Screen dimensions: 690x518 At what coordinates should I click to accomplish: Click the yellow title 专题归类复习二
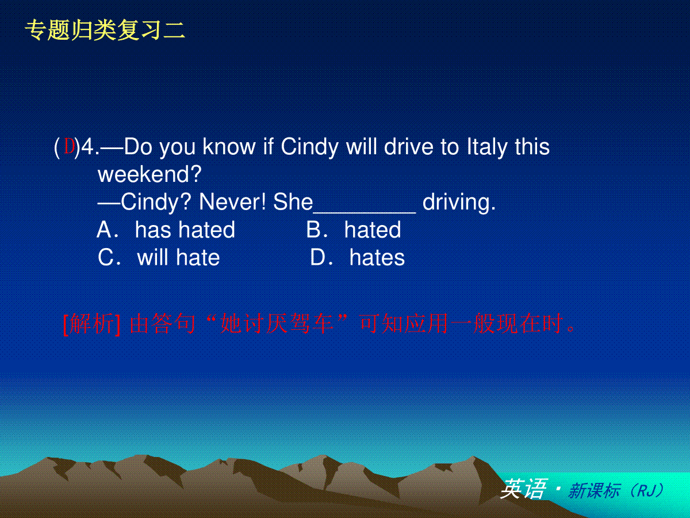pyautogui.click(x=105, y=30)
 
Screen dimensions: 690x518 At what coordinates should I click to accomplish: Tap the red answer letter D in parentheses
pyautogui.click(x=69, y=146)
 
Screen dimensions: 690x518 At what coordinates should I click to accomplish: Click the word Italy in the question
pyautogui.click(x=487, y=147)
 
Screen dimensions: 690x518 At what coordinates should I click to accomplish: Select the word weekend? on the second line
pyautogui.click(x=149, y=174)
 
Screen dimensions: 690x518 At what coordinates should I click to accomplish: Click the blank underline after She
pyautogui.click(x=365, y=212)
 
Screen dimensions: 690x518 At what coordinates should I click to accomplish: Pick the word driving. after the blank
pyautogui.click(x=459, y=203)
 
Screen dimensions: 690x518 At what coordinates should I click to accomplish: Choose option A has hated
pyautogui.click(x=166, y=230)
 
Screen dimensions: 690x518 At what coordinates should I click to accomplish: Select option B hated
pyautogui.click(x=354, y=230)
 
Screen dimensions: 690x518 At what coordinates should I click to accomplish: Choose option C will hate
pyautogui.click(x=159, y=257)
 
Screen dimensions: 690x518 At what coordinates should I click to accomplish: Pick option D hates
pyautogui.click(x=358, y=257)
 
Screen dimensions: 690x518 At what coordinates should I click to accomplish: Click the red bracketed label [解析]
pyautogui.click(x=92, y=324)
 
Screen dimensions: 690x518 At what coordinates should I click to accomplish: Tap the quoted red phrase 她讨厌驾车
pyautogui.click(x=277, y=324)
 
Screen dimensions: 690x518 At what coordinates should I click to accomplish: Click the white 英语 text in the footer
pyautogui.click(x=524, y=489)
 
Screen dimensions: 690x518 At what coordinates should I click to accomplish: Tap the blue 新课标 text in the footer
pyautogui.click(x=594, y=490)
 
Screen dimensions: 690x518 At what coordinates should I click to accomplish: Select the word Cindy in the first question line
pyautogui.click(x=309, y=147)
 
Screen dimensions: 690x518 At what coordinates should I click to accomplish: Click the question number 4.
pyautogui.click(x=89, y=147)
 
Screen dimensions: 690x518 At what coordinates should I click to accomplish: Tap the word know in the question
pyautogui.click(x=229, y=147)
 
